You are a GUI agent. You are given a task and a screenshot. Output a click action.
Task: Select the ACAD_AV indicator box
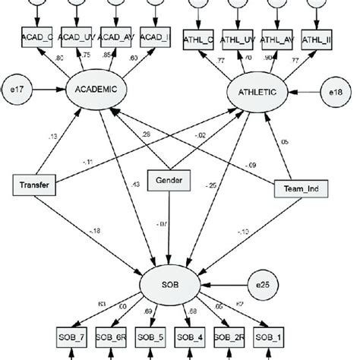(117, 36)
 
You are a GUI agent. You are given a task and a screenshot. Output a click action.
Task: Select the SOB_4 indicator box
(189, 336)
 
